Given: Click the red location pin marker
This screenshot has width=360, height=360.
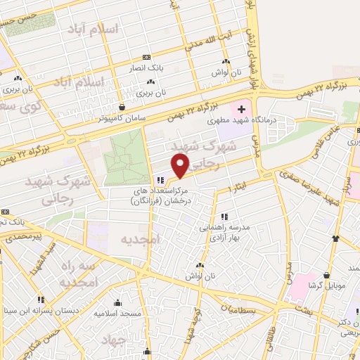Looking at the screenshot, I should [x=181, y=166].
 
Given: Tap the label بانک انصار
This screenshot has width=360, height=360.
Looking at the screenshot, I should [x=146, y=69].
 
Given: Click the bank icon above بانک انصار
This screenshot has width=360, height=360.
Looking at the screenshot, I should [x=146, y=58].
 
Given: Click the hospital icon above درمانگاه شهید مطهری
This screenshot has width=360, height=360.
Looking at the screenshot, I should [x=242, y=109].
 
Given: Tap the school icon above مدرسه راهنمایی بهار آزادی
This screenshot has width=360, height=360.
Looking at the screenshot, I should [x=224, y=217].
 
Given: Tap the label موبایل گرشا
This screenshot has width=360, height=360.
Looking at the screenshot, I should [x=326, y=286].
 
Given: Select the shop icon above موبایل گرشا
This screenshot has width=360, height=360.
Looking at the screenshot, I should [x=326, y=276].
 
